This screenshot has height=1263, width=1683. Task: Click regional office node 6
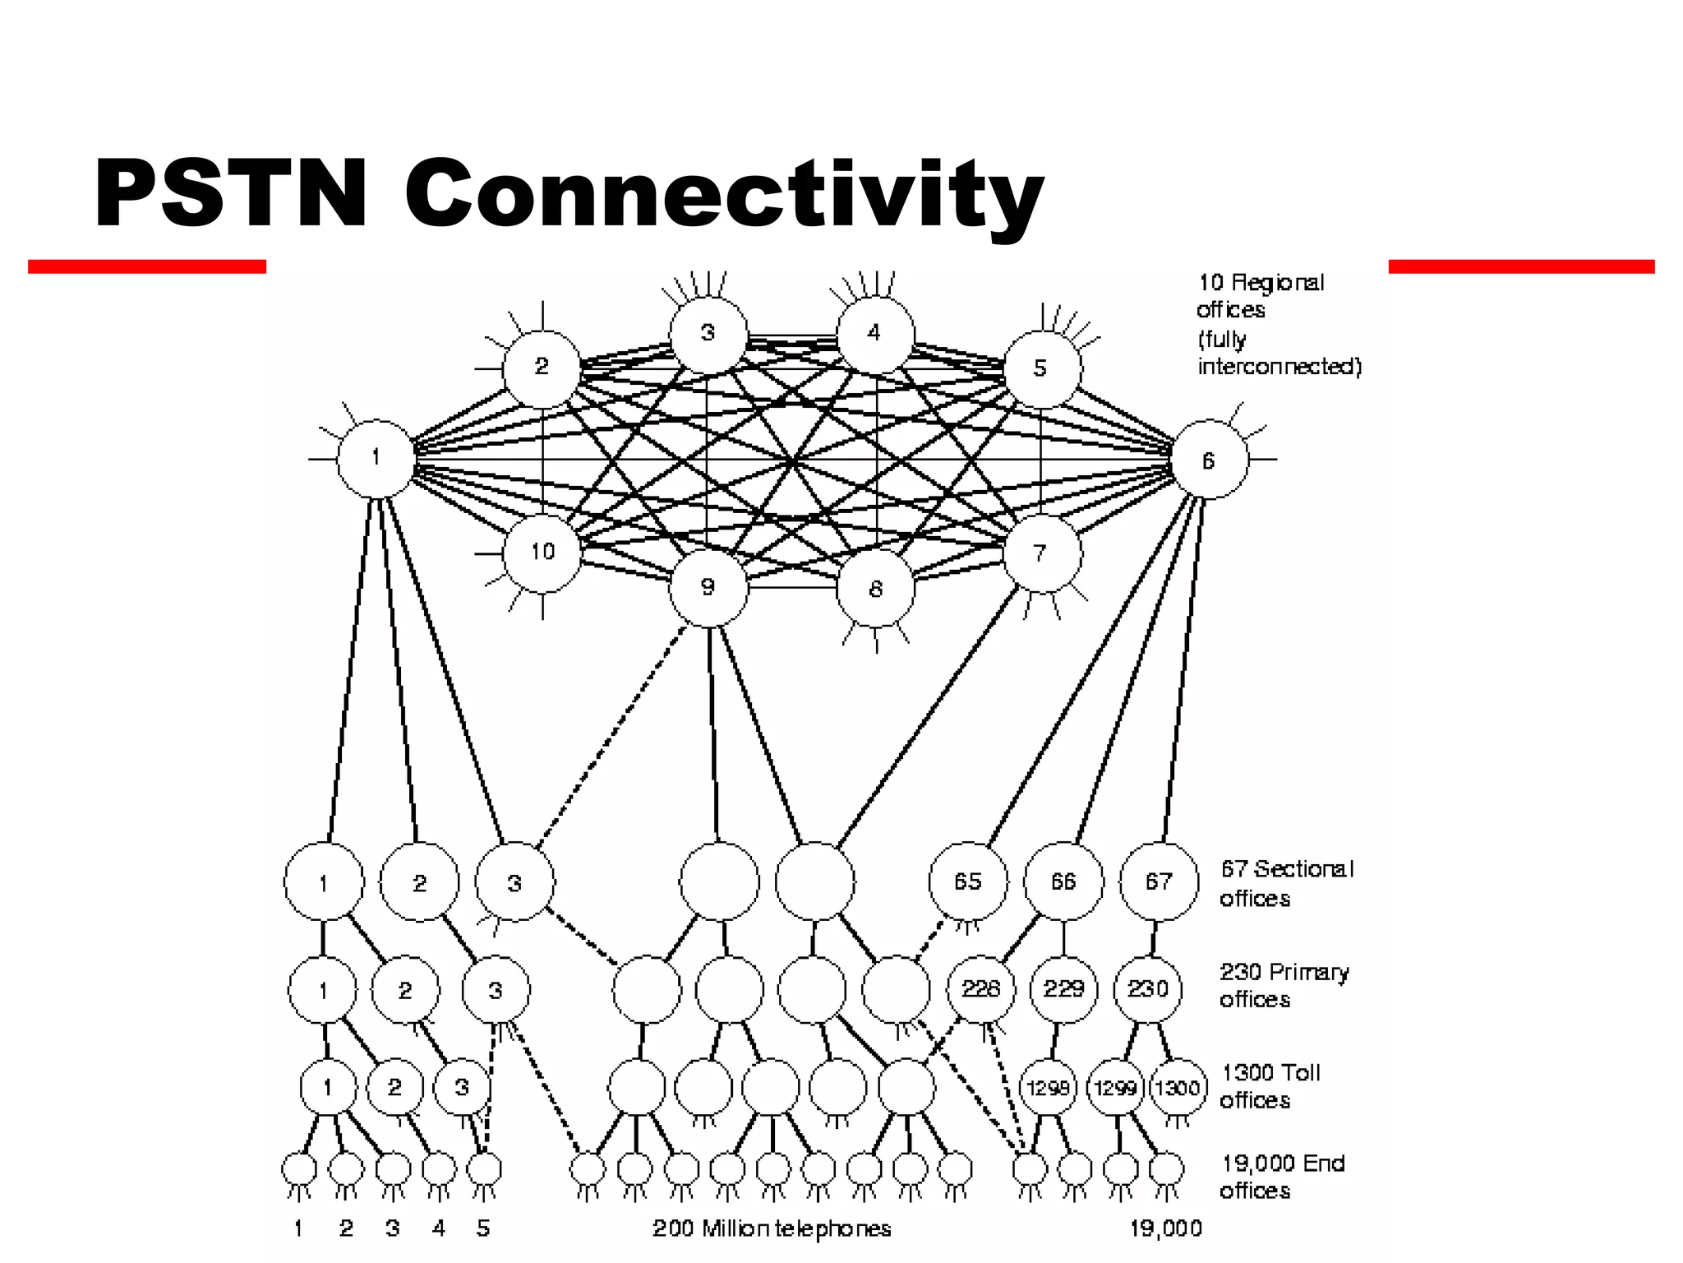click(1209, 460)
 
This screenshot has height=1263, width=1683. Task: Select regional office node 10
click(542, 552)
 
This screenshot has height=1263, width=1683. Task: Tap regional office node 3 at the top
click(708, 334)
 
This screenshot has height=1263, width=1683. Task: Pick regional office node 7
click(1042, 553)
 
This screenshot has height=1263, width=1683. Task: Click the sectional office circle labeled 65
click(968, 881)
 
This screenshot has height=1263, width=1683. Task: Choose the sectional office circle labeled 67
click(1159, 881)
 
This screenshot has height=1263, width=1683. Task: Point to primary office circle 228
click(981, 988)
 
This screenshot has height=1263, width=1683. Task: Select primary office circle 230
click(1148, 988)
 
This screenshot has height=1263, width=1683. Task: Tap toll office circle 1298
click(1048, 1088)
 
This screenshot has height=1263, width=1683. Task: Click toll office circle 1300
click(1178, 1088)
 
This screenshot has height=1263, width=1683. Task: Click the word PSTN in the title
click(231, 193)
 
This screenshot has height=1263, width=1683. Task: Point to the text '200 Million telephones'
click(772, 1228)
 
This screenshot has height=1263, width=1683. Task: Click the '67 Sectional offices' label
click(1286, 883)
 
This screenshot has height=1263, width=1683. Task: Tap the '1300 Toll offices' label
click(1270, 1086)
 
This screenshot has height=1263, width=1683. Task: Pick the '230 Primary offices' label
click(1284, 985)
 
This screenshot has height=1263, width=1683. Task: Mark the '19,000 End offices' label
click(1282, 1177)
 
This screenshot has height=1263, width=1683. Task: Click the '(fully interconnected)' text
click(1279, 353)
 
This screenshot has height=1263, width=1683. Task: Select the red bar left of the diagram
click(147, 266)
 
